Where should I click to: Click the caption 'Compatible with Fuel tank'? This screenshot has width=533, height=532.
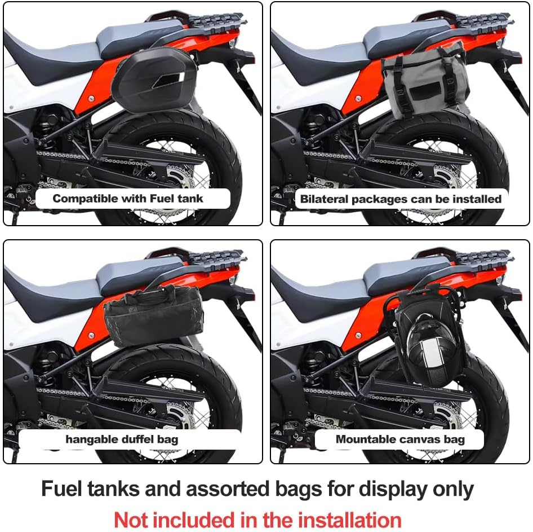pos(128,199)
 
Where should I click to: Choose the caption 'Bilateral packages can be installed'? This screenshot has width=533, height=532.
pos(401,199)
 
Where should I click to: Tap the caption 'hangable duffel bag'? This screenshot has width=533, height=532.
pos(122,439)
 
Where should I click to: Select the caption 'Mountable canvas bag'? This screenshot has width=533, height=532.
pos(400,439)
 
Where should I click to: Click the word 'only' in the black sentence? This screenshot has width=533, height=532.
pos(455,489)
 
